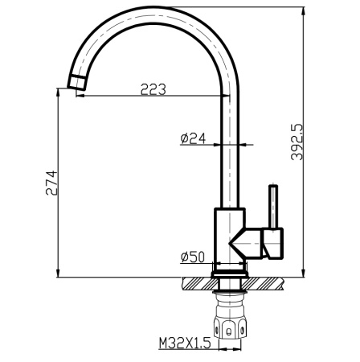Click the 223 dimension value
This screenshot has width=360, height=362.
[153, 89]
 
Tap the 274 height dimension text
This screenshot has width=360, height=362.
[51, 185]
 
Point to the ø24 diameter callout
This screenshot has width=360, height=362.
[193, 138]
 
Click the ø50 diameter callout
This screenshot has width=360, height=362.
[193, 257]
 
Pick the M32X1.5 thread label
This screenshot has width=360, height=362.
[184, 343]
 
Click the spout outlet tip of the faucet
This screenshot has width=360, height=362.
[76, 83]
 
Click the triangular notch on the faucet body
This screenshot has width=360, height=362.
[241, 242]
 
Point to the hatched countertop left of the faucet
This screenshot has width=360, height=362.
[198, 284]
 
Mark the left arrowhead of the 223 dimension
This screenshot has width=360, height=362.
[81, 97]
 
